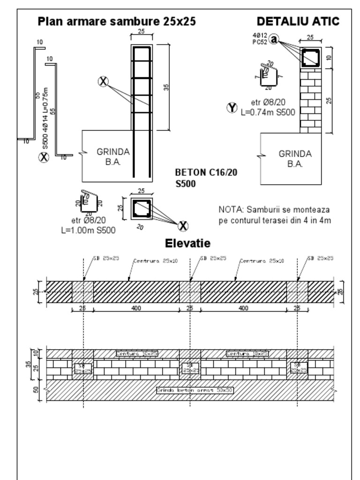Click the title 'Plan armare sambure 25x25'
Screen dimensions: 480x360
point(117,22)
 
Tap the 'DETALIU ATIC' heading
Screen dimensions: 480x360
point(298,22)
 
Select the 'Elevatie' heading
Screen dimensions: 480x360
point(187,243)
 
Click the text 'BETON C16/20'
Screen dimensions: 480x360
point(206,172)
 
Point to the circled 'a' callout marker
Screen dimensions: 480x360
point(274,39)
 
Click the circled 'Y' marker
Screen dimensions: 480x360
point(232,108)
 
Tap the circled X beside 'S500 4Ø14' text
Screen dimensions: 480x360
point(44,157)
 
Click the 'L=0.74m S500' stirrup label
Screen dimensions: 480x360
point(268,112)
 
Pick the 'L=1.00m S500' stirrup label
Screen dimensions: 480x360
point(89,230)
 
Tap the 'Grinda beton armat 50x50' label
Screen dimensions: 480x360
point(195,390)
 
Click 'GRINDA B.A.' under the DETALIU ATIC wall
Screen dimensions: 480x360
point(295,158)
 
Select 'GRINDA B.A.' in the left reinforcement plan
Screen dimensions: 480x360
point(113,157)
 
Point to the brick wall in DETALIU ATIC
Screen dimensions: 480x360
point(310,100)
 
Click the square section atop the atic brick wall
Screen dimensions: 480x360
point(310,58)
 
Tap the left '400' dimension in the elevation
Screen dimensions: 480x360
point(136,308)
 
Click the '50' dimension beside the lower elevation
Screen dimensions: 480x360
point(36,390)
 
